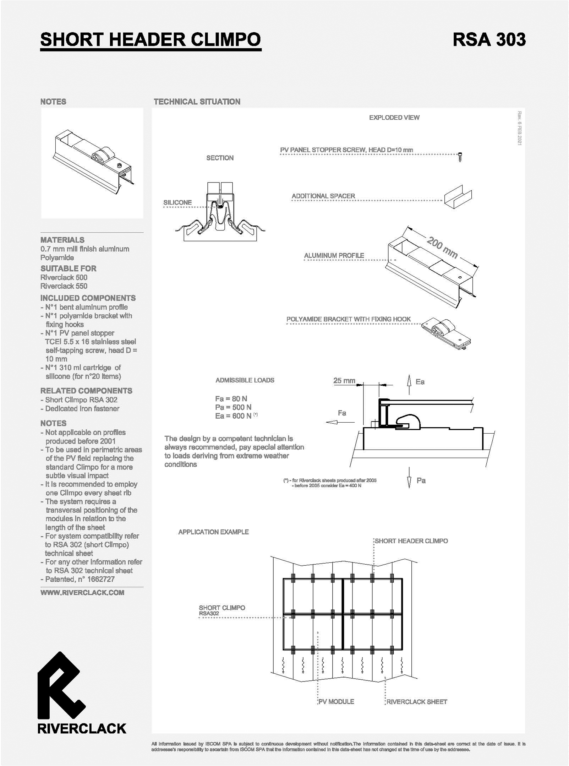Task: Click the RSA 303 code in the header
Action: [489, 39]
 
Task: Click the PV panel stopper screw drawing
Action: [460, 157]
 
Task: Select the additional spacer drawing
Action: [458, 197]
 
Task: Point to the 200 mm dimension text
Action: [442, 248]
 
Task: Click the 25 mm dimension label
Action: [344, 381]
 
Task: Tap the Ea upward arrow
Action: [409, 384]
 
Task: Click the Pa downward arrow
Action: [409, 478]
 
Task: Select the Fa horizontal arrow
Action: [340, 422]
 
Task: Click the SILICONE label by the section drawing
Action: [177, 202]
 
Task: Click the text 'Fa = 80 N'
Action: [231, 398]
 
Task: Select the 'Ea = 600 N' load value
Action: [233, 416]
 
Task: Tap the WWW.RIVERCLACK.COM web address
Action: [82, 592]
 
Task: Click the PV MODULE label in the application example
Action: [336, 701]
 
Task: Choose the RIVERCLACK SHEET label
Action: [417, 702]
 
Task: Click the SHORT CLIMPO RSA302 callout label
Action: [222, 610]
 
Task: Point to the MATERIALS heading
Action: [62, 240]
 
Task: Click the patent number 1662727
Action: [101, 579]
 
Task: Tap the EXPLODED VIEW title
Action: [394, 118]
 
